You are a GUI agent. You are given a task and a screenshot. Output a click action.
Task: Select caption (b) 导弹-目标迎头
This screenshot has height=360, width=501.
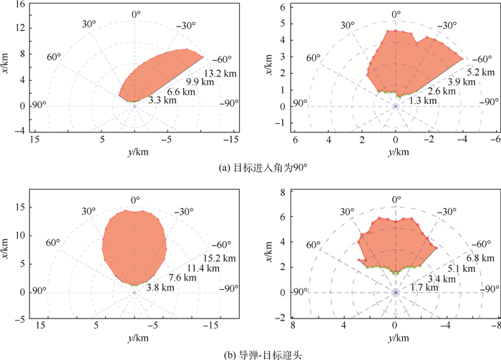[x=250, y=353]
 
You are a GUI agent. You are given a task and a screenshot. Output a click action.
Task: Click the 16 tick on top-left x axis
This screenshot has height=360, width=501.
[x=21, y=4]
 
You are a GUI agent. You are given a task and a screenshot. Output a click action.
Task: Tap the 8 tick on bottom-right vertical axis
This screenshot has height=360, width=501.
[x=282, y=193]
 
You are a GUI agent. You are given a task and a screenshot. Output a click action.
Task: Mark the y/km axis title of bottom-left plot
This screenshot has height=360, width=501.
[x=134, y=337]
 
